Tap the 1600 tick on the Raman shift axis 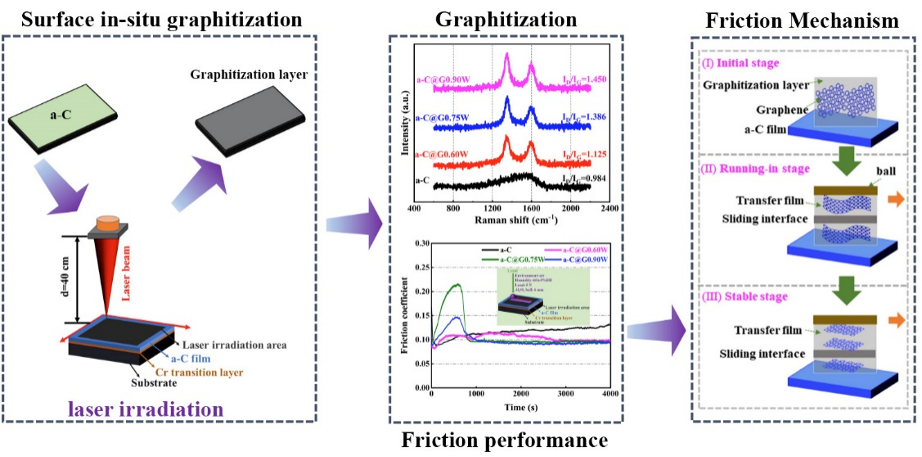pyautogui.click(x=530, y=209)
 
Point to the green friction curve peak pyautogui.click(x=457, y=284)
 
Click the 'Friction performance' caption pyautogui.click(x=505, y=441)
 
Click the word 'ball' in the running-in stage pyautogui.click(x=865, y=174)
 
